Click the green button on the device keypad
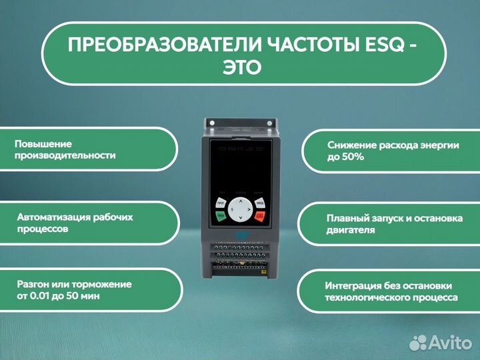(x=221, y=217)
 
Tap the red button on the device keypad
(x=259, y=217)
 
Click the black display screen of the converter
(x=240, y=167)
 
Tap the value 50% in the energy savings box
(x=351, y=157)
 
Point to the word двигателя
(x=351, y=230)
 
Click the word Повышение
(x=43, y=143)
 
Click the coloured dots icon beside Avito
(x=419, y=342)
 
